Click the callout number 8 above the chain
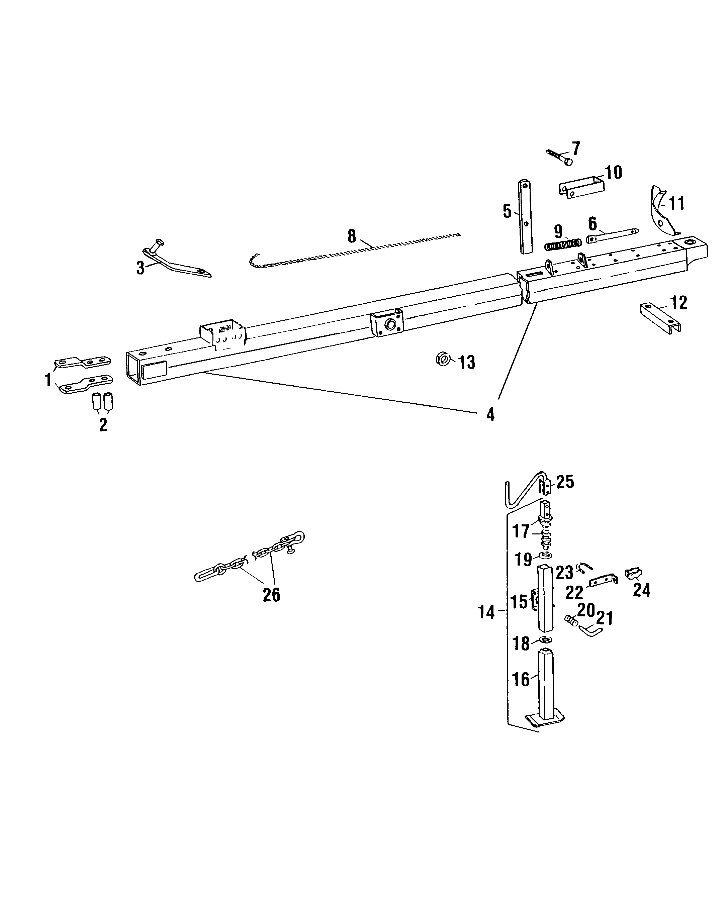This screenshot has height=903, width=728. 351,236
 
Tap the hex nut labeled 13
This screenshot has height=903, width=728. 443,359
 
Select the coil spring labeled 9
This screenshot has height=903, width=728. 563,244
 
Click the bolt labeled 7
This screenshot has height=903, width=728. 560,158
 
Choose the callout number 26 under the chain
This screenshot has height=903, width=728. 271,594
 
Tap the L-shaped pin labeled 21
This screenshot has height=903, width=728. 590,630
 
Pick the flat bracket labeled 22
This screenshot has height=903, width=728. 603,581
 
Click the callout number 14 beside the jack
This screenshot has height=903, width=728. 486,612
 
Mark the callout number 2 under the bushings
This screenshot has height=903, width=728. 103,425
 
